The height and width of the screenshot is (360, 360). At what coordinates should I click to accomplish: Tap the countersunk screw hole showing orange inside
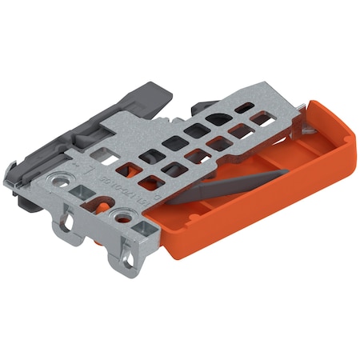(x=122, y=216)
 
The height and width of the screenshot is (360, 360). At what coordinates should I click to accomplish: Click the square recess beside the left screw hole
(x=81, y=192)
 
